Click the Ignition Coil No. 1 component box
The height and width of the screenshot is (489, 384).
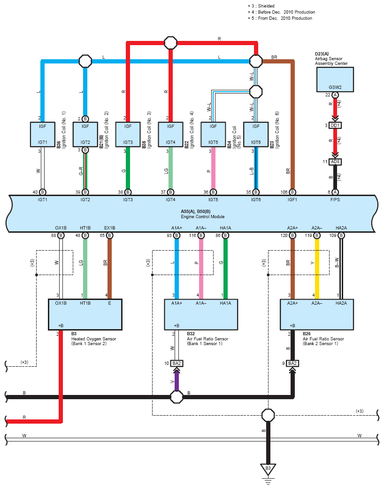click(x=42, y=134)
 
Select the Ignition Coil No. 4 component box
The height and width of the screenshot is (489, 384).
click(x=170, y=134)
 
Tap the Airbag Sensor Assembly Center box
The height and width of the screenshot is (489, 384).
click(x=335, y=79)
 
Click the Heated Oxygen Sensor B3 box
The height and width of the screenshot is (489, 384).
click(x=85, y=315)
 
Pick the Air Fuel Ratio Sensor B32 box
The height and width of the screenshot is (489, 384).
click(x=201, y=315)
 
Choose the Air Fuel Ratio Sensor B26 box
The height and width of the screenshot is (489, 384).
click(x=317, y=315)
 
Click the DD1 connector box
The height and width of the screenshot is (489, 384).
click(x=335, y=126)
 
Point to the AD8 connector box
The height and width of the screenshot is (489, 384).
click(x=335, y=162)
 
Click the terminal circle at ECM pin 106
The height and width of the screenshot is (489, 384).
click(x=292, y=192)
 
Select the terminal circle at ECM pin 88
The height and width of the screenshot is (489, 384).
click(x=61, y=236)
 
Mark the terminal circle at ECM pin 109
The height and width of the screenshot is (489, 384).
click(x=341, y=236)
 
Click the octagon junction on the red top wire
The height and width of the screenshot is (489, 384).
click(x=171, y=43)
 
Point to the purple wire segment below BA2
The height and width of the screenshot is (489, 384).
click(x=177, y=380)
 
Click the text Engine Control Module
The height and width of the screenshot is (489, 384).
click(x=203, y=217)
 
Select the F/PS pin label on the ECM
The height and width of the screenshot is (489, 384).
click(x=335, y=199)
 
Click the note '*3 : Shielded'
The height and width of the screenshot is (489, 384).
click(x=261, y=6)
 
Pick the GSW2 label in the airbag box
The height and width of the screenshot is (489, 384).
click(x=335, y=87)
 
